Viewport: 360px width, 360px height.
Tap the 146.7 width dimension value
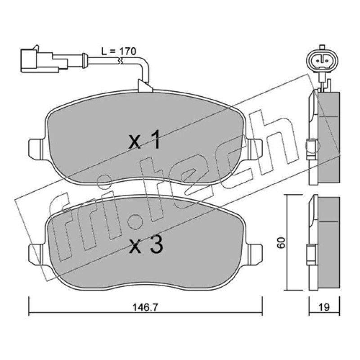pyautogui.click(x=145, y=307)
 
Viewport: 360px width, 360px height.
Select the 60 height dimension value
pyautogui.click(x=281, y=243)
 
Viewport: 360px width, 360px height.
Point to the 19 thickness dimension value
pyautogui.click(x=324, y=307)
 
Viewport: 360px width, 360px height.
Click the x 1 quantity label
pyautogui.click(x=144, y=139)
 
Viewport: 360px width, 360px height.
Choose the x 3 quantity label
pyautogui.click(x=146, y=245)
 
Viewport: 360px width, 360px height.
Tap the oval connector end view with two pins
pyautogui.click(x=322, y=60)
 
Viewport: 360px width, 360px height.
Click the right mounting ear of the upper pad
pyautogui.click(x=255, y=149)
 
